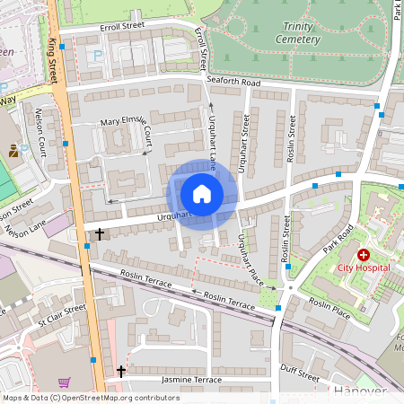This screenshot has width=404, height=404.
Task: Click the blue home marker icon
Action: coord(202,194)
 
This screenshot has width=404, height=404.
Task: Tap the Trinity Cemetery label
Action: coord(298,33)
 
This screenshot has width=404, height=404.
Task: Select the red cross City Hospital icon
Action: coord(364,255)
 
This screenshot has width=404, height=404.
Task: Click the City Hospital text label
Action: coord(364,268)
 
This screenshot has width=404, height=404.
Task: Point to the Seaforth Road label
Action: coord(233,83)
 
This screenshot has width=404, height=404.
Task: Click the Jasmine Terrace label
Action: coord(190,381)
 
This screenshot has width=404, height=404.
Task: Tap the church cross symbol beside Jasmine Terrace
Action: coord(120,372)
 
